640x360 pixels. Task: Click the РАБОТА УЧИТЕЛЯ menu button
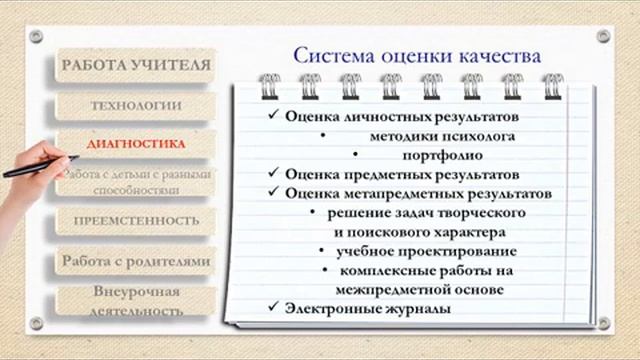tap(136, 66)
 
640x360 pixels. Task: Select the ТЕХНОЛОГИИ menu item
tap(136, 105)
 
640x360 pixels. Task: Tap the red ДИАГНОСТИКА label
tap(136, 144)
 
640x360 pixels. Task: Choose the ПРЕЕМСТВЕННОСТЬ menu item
tap(136, 220)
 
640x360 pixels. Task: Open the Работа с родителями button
tap(136, 261)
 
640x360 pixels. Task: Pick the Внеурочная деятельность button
tap(136, 300)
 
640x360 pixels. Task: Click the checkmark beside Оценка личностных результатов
tap(274, 116)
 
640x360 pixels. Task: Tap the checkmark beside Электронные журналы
tap(274, 308)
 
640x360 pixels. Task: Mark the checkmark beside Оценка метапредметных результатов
tap(274, 193)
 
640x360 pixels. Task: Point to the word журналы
tap(410, 309)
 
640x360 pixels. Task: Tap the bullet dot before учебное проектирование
tap(321, 251)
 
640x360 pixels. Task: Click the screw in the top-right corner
tap(603, 36)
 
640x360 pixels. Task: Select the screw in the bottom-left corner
tap(37, 323)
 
